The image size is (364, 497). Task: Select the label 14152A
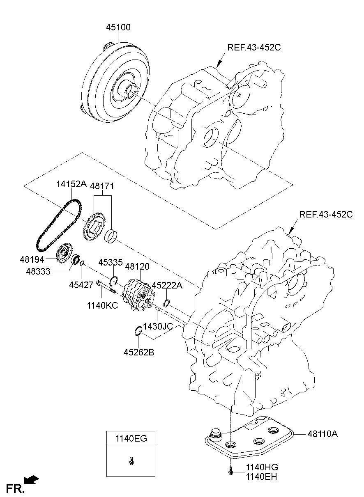click(x=71, y=185)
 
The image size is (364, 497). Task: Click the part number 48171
click(x=102, y=186)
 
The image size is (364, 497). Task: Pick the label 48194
click(x=32, y=259)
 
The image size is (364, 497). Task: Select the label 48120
click(x=137, y=266)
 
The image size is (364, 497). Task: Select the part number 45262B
click(x=139, y=352)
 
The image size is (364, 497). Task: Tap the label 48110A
click(x=322, y=433)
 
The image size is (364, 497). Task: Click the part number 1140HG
click(x=262, y=467)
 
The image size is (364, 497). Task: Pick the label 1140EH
click(x=262, y=476)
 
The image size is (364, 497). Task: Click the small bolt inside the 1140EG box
click(x=131, y=460)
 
